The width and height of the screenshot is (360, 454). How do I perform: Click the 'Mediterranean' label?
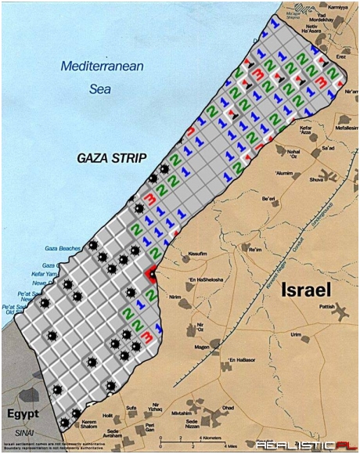click(103, 67)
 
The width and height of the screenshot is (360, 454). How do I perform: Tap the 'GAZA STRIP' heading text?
click(112, 157)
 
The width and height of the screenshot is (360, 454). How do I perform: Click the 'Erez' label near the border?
click(319, 57)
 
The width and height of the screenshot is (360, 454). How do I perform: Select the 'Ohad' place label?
click(228, 407)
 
